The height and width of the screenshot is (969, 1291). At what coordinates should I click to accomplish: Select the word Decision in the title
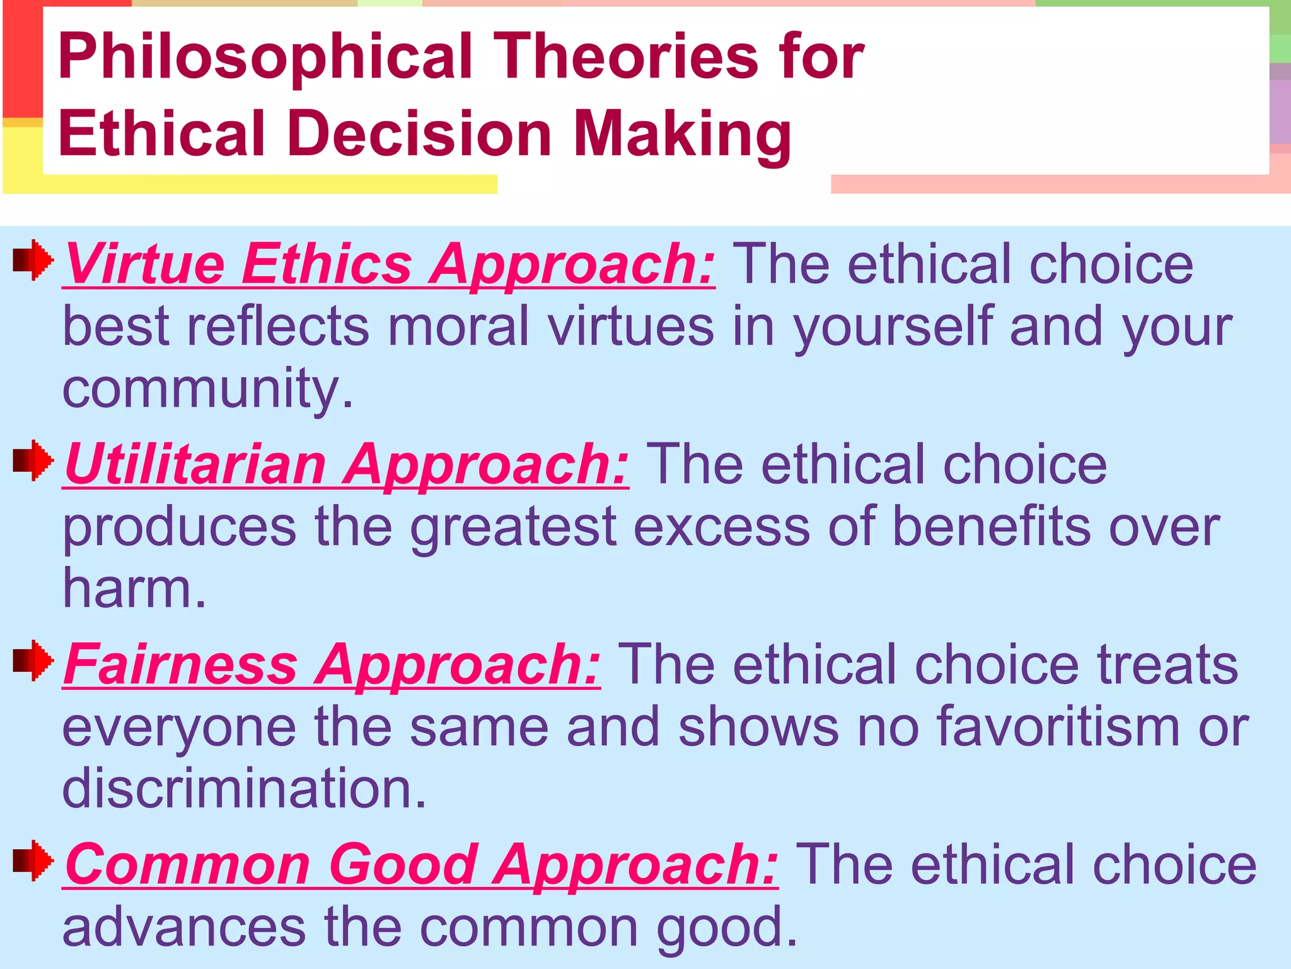click(x=419, y=134)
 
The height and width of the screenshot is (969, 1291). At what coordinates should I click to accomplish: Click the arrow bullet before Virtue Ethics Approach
click(x=33, y=259)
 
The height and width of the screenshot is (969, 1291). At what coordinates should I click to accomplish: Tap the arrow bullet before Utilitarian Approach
click(x=33, y=460)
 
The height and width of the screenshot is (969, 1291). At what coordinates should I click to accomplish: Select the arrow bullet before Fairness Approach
click(x=33, y=661)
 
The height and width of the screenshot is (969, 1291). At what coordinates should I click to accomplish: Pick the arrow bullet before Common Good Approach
click(x=33, y=860)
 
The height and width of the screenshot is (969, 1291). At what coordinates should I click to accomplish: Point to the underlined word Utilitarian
click(x=195, y=464)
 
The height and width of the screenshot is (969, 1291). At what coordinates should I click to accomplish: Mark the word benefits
click(x=992, y=526)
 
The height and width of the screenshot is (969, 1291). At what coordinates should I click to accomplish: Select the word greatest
click(x=513, y=527)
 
